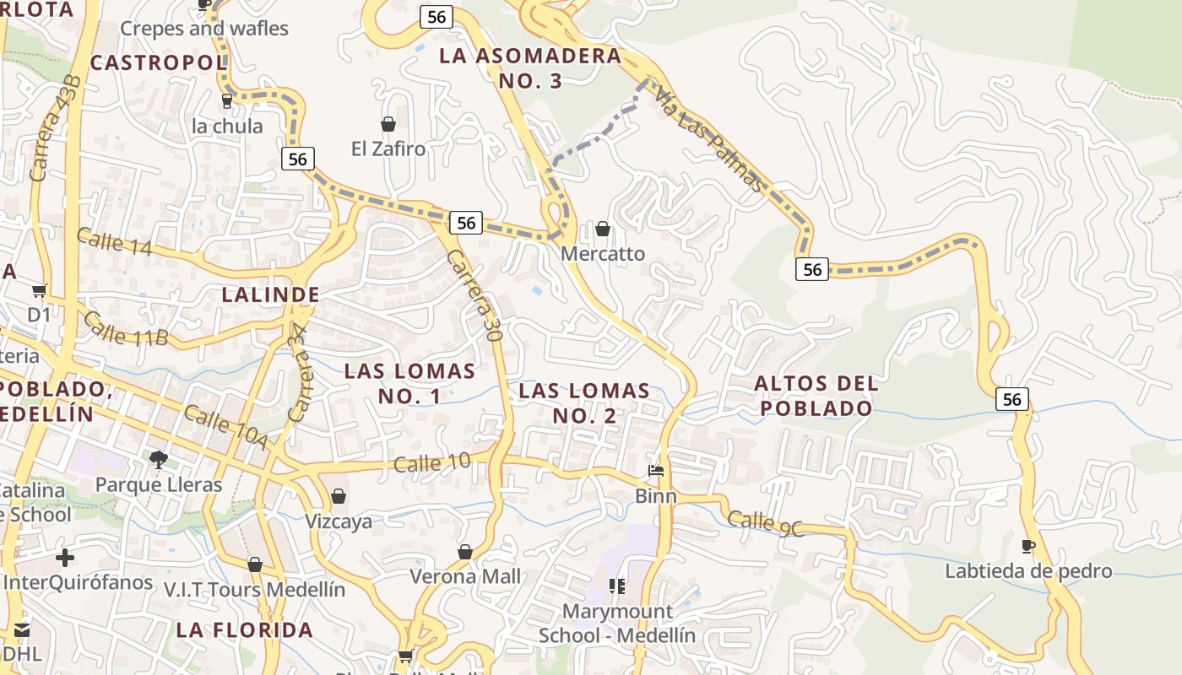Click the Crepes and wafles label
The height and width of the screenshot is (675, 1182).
(x=203, y=29)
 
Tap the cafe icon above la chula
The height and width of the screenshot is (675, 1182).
(x=226, y=101)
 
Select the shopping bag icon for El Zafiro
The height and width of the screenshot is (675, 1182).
(x=388, y=125)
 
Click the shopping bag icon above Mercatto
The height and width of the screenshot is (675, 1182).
(x=603, y=229)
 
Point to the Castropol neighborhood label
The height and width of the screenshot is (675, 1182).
(x=158, y=62)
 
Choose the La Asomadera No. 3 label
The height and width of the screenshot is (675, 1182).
(x=530, y=68)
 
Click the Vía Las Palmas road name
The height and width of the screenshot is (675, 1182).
(x=710, y=140)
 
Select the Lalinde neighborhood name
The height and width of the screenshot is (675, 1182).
(x=270, y=294)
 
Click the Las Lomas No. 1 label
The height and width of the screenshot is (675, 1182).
(x=409, y=383)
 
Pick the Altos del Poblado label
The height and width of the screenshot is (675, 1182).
(x=816, y=396)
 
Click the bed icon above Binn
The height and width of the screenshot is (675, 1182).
(x=656, y=471)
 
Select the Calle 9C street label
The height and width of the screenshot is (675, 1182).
(x=766, y=522)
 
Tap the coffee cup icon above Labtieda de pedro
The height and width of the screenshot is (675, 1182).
(x=1027, y=547)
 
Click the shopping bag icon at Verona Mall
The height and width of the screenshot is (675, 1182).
(x=464, y=553)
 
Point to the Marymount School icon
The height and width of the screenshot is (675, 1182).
(x=617, y=586)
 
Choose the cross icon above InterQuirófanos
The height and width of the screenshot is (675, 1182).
(x=65, y=558)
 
